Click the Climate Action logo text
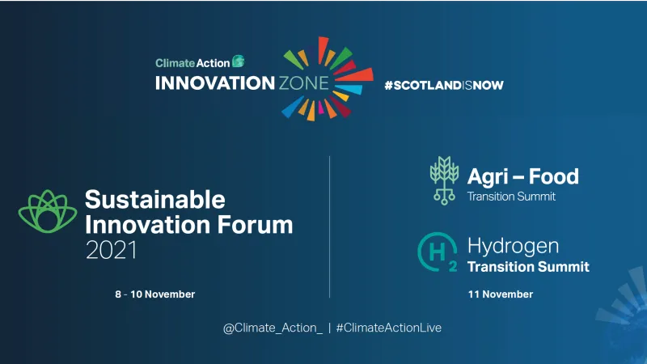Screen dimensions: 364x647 [x=192, y=61]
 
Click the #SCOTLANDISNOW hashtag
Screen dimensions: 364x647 [x=438, y=84]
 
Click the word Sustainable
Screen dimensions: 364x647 [x=155, y=199]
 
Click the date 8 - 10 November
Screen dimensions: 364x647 [x=155, y=294]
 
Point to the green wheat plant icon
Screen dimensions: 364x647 [x=443, y=180]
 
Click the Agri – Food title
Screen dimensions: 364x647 [x=522, y=176]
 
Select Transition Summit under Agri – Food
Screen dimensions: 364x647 [x=512, y=197]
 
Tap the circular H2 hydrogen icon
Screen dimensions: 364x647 [x=437, y=253]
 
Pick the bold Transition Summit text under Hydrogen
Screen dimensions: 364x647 [x=528, y=267]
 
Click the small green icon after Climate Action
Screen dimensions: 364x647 [x=239, y=61]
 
